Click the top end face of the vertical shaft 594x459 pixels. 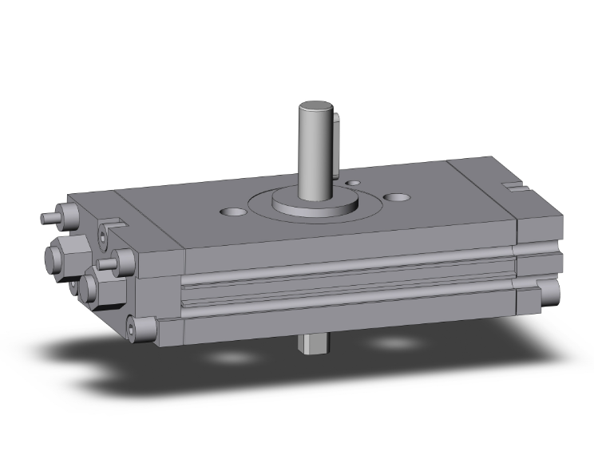(316, 108)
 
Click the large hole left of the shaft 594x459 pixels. (232, 212)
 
